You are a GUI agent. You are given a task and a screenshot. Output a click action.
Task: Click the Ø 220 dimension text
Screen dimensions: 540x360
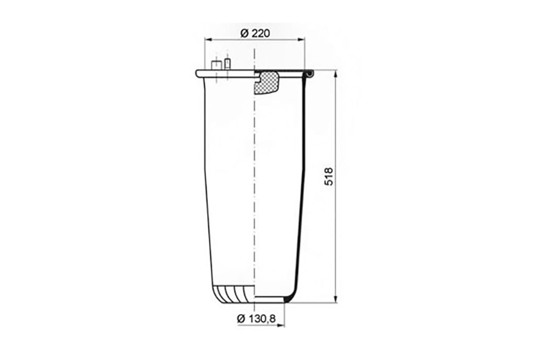pos(255,33)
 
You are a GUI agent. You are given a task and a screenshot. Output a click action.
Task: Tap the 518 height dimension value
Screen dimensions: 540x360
pos(329,177)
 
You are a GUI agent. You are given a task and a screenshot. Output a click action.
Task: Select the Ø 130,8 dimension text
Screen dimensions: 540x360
pos(257,319)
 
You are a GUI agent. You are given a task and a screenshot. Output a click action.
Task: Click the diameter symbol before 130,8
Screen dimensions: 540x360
pos(241,319)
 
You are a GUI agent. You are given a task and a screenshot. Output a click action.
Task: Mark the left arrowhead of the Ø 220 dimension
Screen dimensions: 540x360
pos(208,40)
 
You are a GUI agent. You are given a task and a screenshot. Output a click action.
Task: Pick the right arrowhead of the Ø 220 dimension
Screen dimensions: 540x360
pos(301,40)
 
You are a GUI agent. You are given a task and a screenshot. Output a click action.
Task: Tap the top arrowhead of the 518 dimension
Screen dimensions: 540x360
pos(336,74)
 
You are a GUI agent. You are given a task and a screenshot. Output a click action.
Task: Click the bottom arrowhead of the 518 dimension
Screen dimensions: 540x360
pos(336,299)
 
